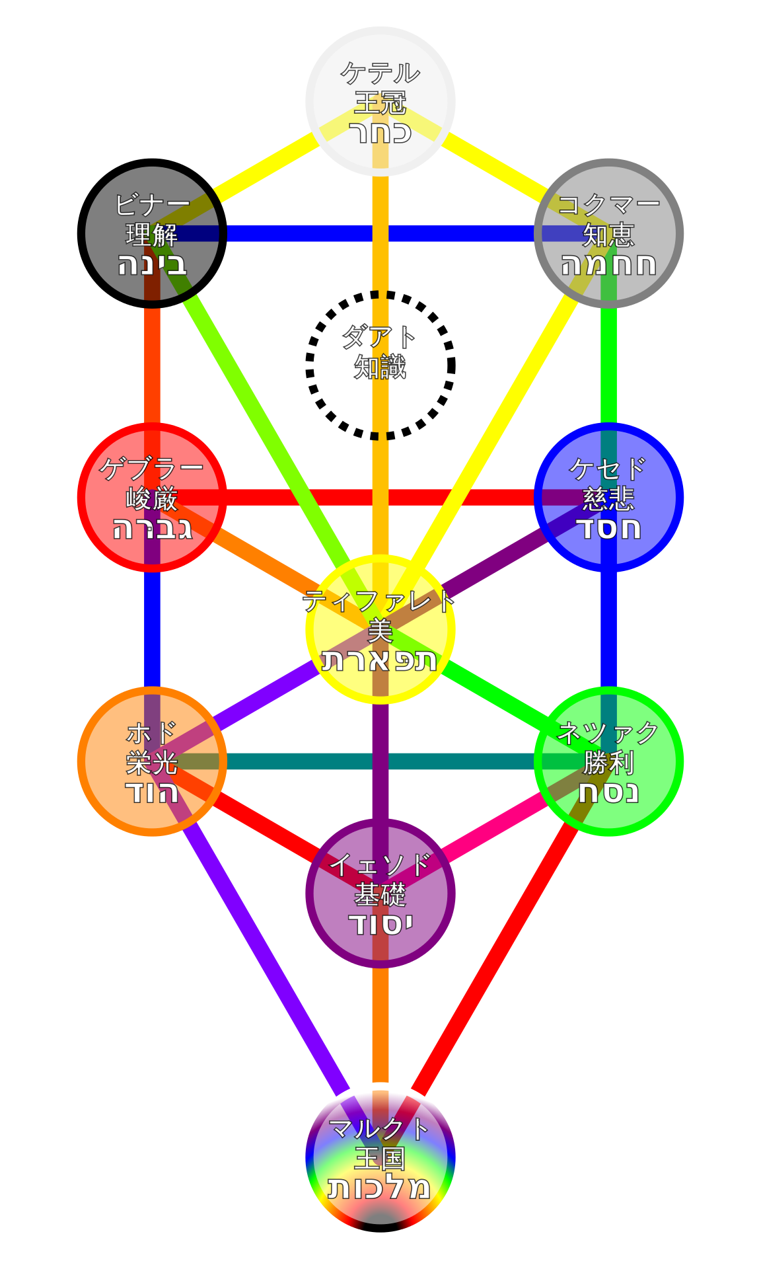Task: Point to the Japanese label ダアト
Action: coord(379,338)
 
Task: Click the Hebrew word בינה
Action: coord(152,264)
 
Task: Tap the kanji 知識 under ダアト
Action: coord(380,367)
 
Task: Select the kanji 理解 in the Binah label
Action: coord(152,235)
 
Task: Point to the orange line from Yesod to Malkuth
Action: coord(380,1024)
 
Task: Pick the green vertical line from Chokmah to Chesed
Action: coord(608,364)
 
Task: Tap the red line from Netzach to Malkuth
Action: coord(495,958)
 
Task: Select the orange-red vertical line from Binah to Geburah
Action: coord(152,364)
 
